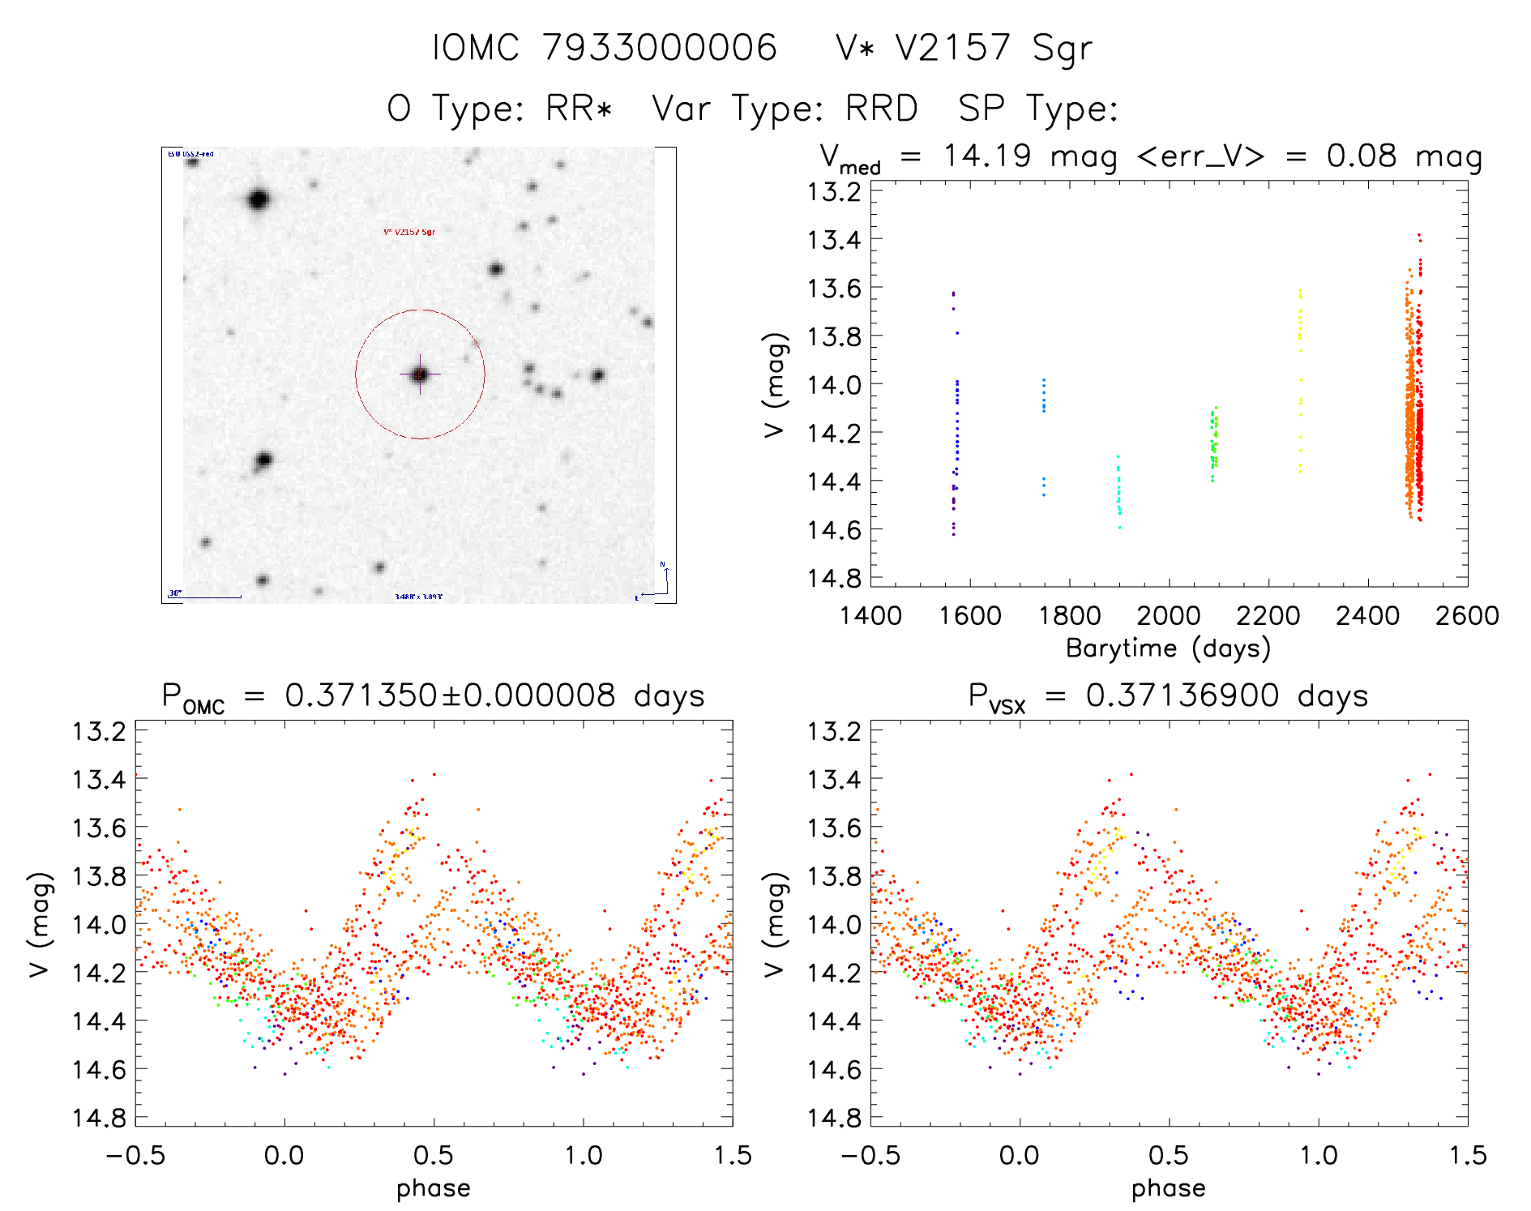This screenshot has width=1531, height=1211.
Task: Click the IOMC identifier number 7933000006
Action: click(x=660, y=47)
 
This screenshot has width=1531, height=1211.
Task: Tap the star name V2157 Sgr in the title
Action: click(x=994, y=47)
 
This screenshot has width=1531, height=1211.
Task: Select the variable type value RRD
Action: click(x=881, y=108)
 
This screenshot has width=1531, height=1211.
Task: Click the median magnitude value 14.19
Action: click(x=988, y=156)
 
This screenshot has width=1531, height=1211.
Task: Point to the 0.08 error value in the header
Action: click(x=1362, y=156)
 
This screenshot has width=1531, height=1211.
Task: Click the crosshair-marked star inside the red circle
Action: click(x=420, y=374)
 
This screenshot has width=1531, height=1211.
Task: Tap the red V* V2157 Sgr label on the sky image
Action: click(x=409, y=232)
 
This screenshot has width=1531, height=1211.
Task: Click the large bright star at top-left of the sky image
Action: click(x=259, y=199)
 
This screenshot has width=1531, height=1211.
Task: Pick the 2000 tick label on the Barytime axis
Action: click(x=1168, y=615)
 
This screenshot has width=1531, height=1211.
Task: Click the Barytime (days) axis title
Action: click(x=1168, y=648)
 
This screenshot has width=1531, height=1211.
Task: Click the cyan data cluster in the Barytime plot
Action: click(x=1119, y=490)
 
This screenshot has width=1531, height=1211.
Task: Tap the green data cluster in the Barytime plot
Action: click(x=1214, y=444)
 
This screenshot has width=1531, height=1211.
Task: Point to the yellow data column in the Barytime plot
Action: click(x=1300, y=381)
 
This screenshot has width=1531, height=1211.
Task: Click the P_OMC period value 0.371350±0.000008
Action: click(x=450, y=695)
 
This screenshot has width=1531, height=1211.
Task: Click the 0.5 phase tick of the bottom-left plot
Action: click(x=434, y=1155)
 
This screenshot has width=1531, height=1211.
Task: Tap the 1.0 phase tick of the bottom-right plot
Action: click(x=1318, y=1155)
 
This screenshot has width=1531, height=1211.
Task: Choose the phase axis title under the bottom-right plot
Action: click(x=1168, y=1188)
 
